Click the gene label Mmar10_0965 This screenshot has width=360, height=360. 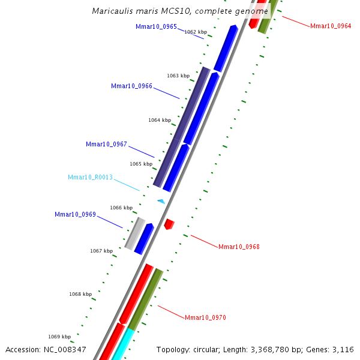point(156,26)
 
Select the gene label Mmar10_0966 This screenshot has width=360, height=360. point(131,86)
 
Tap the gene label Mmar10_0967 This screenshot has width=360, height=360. point(106,144)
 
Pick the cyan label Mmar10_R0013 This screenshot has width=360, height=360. point(90,178)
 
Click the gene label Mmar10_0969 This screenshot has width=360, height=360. point(75,214)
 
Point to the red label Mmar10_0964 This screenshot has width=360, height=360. point(331,26)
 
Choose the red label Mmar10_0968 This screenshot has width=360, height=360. point(239,247)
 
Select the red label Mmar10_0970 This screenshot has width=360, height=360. point(205,317)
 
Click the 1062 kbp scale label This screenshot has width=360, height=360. point(196,32)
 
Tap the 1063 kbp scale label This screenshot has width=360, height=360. point(178,76)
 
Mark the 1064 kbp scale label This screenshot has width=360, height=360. point(160,120)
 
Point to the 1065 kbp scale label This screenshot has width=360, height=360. point(141,164)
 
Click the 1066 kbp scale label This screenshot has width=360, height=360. point(121,208)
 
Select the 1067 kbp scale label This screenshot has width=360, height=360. point(101,251)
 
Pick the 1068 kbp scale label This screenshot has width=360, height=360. point(80,294)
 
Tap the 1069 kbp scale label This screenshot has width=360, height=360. point(59,337)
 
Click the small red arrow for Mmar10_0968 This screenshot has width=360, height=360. point(169,224)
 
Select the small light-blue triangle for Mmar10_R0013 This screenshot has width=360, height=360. point(161,202)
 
